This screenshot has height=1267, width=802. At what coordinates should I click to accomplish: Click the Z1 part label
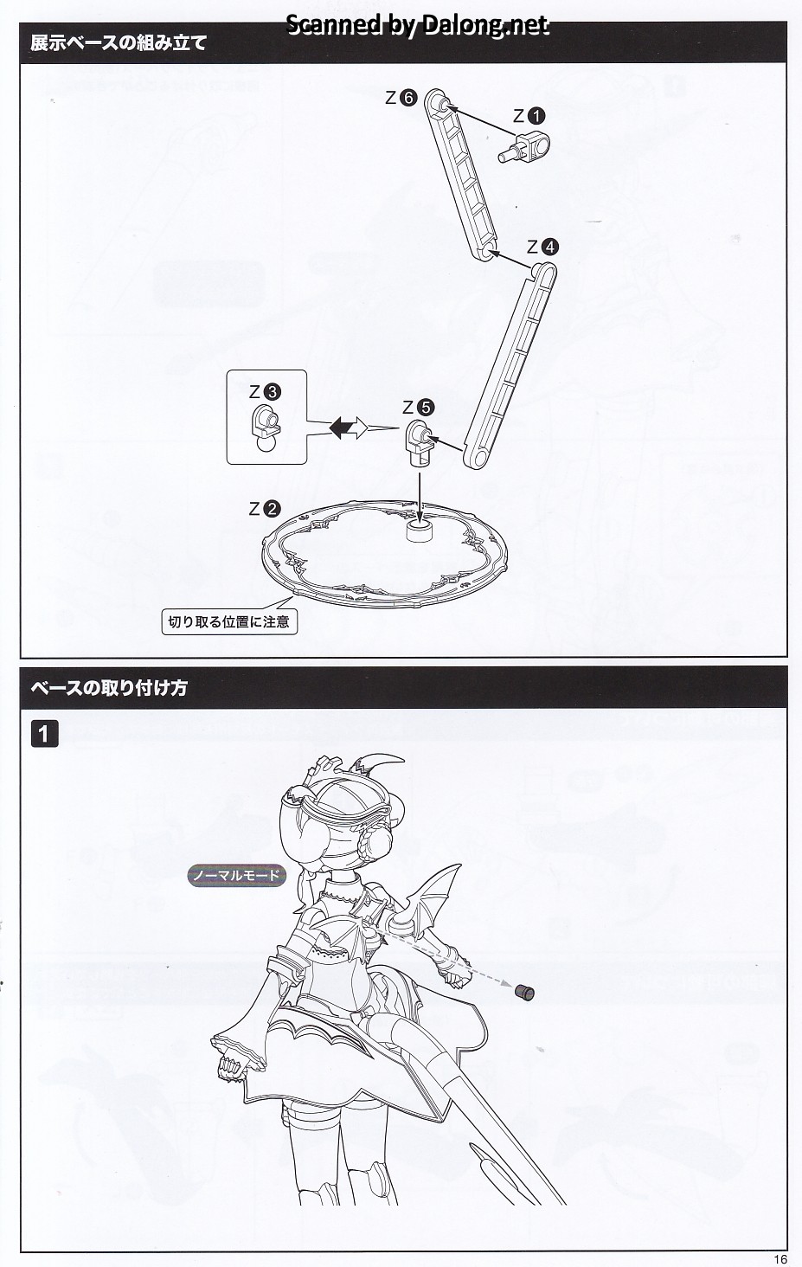pos(529,115)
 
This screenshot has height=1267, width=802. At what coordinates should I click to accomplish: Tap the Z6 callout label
pos(401,98)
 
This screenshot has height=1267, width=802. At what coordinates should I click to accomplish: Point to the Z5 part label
pos(419,407)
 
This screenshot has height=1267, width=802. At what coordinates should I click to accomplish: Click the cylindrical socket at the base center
pos(420,530)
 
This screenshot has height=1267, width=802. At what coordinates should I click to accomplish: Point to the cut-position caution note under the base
pos(229,621)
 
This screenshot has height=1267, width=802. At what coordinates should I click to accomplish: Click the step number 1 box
pos(44,735)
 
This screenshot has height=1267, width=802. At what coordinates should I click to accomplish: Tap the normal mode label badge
pos(237,875)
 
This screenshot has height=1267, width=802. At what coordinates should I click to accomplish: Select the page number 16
pos(779,1259)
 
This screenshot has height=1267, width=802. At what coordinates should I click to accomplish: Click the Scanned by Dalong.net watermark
pos(416,25)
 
